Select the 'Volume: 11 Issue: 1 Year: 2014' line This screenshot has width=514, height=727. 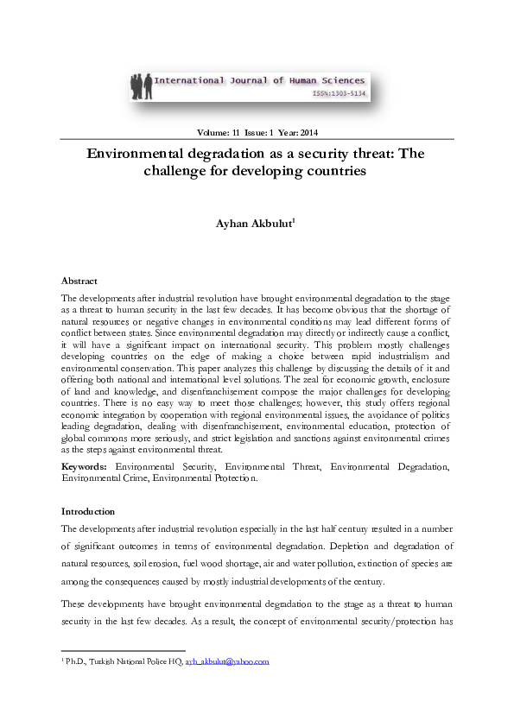pyautogui.click(x=257, y=132)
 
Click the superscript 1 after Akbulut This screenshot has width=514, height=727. pyautogui.click(x=294, y=221)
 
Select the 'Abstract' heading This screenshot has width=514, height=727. pyautogui.click(x=79, y=281)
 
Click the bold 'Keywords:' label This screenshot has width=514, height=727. pyautogui.click(x=85, y=466)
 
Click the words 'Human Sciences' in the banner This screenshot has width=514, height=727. pyautogui.click(x=333, y=80)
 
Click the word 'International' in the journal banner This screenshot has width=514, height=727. pyautogui.click(x=187, y=80)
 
